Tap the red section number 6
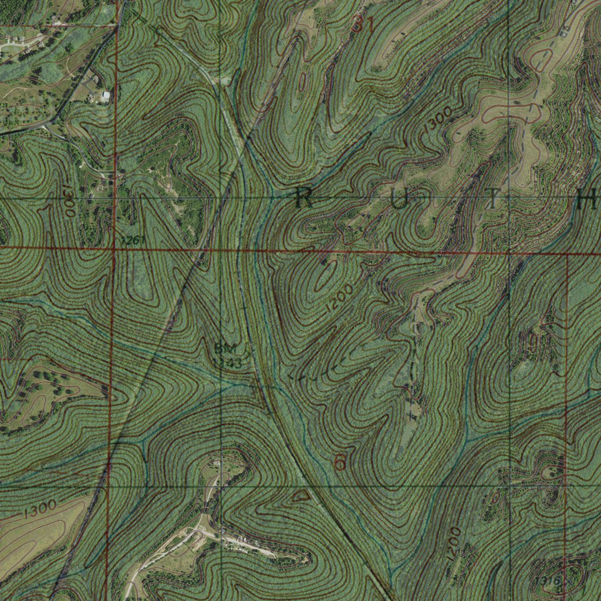339,463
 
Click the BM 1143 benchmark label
228,356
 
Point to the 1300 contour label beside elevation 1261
69,201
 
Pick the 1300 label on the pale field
40,508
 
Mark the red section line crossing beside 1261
114,249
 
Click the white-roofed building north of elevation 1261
105,96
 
